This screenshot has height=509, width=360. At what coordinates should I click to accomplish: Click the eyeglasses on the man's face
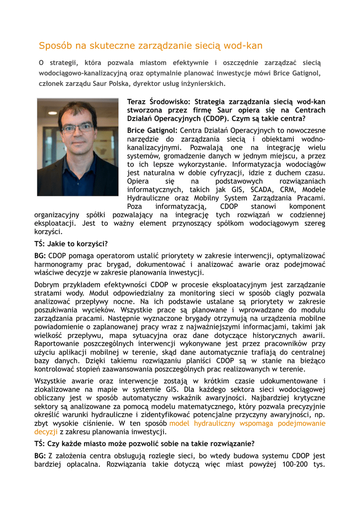click(x=78, y=128)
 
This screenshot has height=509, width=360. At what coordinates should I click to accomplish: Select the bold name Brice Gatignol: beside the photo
click(x=149, y=130)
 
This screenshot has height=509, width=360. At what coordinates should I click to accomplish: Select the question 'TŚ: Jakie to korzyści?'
click(x=71, y=244)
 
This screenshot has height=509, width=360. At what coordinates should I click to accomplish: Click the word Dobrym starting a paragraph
click(x=48, y=285)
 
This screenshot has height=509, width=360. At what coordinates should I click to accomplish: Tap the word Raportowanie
click(x=57, y=344)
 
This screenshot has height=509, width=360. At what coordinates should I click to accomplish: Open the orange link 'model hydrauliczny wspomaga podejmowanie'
click(x=248, y=424)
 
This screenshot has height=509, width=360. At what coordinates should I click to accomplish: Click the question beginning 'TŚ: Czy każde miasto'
click(x=145, y=443)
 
